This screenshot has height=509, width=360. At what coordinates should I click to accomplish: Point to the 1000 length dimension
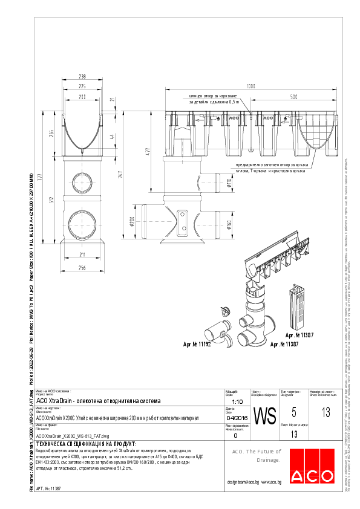point(250,85)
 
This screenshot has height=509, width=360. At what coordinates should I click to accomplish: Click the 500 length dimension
point(293,97)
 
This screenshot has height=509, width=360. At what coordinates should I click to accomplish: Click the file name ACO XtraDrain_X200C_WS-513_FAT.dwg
point(73,435)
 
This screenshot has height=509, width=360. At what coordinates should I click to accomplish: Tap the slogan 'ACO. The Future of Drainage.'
point(257,456)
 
